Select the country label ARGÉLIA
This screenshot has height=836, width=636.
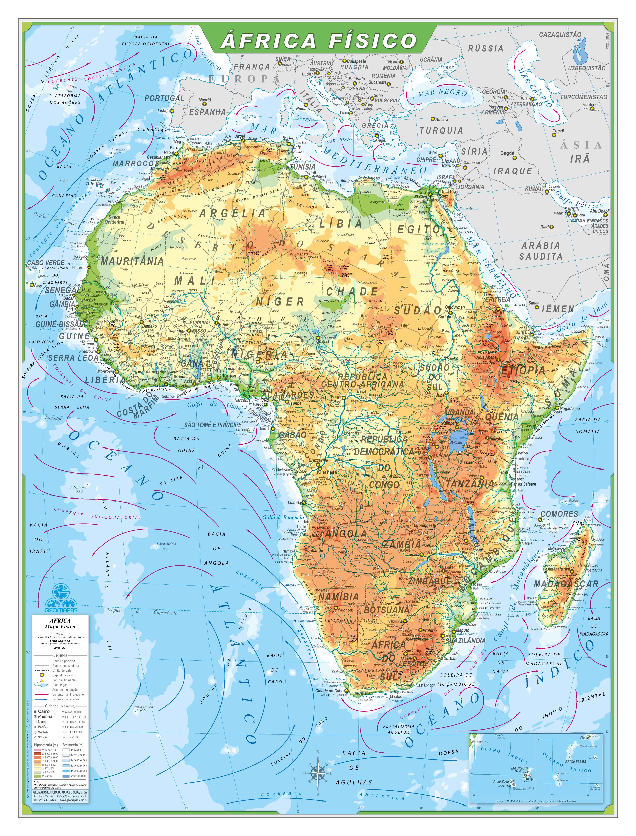point(232,213)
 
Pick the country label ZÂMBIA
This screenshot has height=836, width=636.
point(402,545)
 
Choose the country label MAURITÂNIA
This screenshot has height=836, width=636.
point(132,261)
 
